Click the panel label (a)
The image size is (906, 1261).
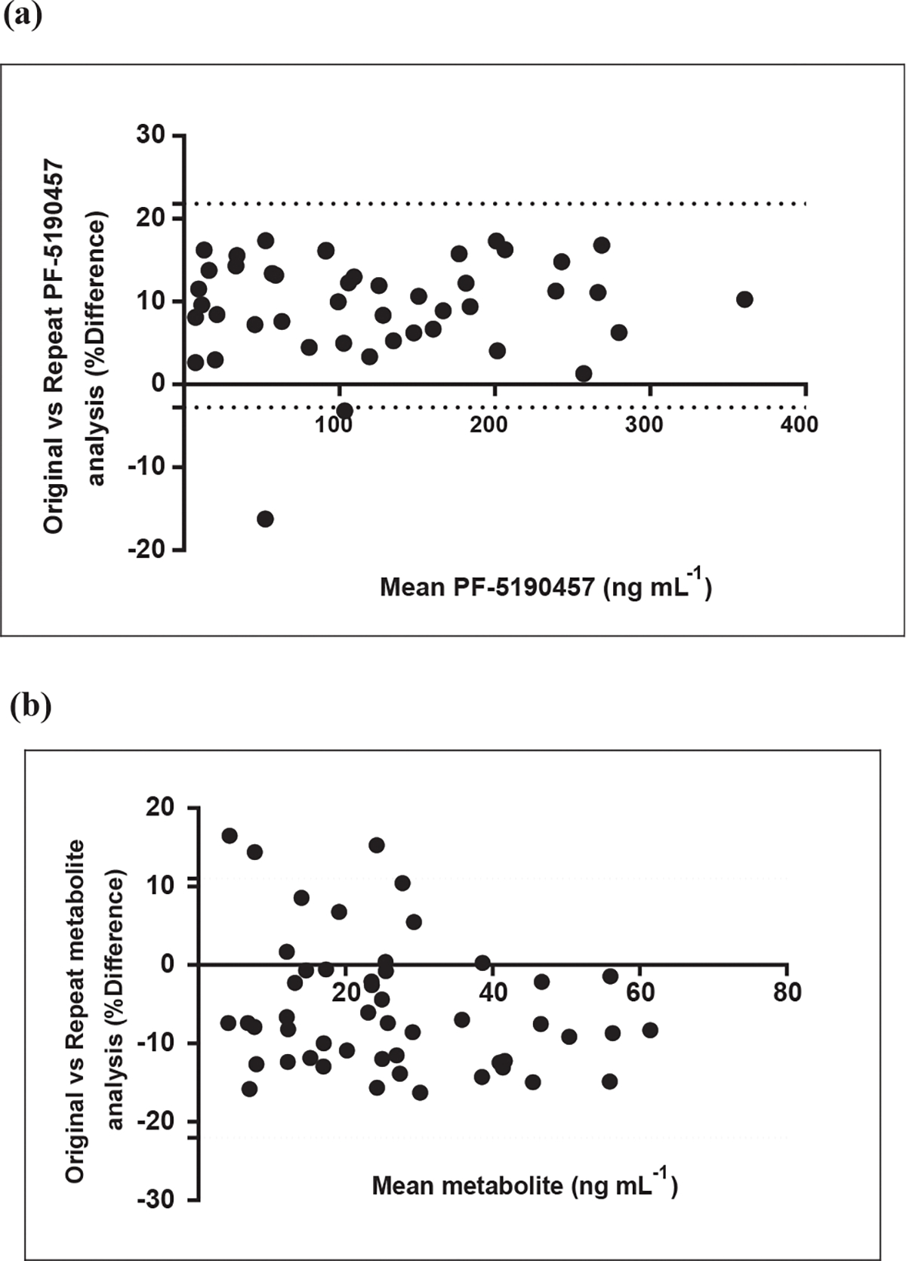click(x=23, y=15)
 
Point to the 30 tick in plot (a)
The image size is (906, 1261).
click(x=150, y=135)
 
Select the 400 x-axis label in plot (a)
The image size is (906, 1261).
click(x=800, y=424)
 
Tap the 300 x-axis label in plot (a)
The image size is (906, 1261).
click(x=645, y=424)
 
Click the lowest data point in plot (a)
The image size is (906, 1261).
click(x=265, y=519)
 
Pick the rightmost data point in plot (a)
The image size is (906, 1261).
click(x=744, y=299)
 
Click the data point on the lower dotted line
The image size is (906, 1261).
click(x=344, y=410)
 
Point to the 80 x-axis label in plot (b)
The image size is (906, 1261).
click(x=787, y=991)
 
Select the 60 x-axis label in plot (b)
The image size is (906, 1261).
click(x=640, y=991)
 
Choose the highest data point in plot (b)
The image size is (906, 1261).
click(x=230, y=835)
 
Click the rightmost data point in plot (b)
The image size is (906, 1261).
click(x=650, y=1030)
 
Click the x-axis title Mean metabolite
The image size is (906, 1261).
click(x=525, y=1185)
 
